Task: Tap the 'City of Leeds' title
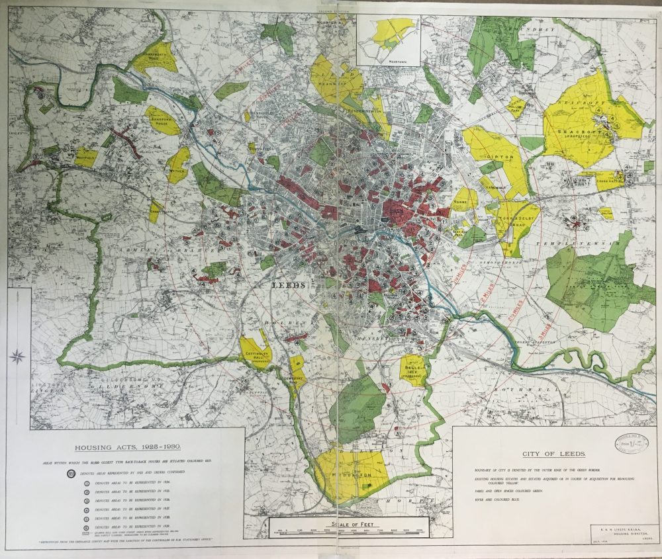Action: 553,454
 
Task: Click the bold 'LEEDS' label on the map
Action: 289,284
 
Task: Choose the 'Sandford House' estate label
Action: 160,122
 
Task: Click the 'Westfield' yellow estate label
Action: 85,157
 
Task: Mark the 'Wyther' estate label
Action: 177,168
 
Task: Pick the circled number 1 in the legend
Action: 87,484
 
